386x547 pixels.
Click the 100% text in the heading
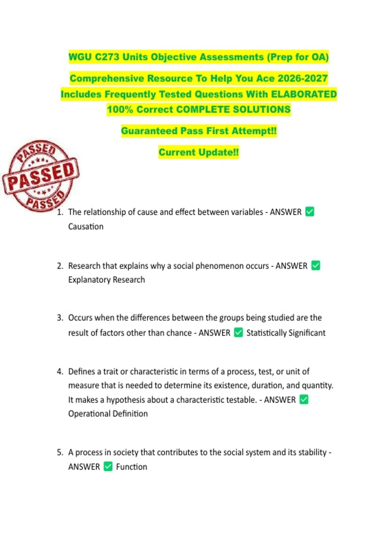120,109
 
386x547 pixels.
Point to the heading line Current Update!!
198,152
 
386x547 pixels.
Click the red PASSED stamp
41,176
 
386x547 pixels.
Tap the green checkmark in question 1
309,212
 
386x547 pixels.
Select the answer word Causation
86,227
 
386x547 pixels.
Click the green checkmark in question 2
316,265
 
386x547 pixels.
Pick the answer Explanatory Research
106,280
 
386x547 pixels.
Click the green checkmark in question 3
238,332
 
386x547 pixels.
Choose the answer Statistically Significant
286,333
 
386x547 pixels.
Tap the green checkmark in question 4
304,399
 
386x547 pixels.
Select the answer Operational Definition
108,413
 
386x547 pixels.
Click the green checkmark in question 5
108,466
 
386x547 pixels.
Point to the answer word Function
131,467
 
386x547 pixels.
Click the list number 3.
60,318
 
